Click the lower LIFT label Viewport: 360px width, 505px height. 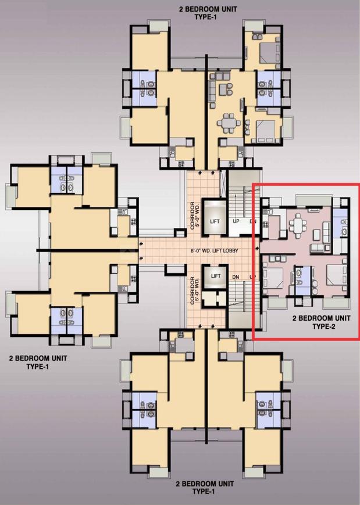[215, 276]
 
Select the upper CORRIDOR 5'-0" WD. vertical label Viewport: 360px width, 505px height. [194, 216]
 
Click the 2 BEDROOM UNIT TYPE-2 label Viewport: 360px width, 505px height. [321, 323]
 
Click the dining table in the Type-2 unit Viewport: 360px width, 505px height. [298, 223]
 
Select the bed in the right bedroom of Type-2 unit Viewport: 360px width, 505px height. [334, 278]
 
